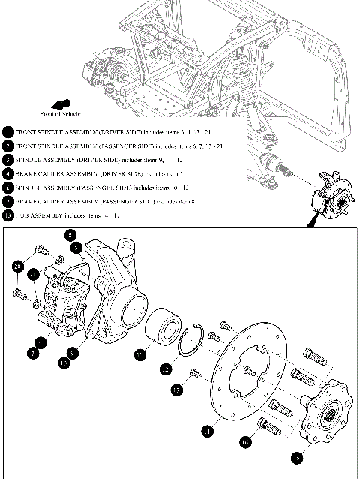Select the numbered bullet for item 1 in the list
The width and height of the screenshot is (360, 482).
(x=7, y=131)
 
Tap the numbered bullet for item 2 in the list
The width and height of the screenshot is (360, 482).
(x=7, y=146)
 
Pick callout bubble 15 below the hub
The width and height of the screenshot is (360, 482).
(x=298, y=455)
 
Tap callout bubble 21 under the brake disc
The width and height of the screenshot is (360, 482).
(x=207, y=430)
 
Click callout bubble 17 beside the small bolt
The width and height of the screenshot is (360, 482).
(x=177, y=390)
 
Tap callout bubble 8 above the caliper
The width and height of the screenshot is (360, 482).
(x=69, y=234)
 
